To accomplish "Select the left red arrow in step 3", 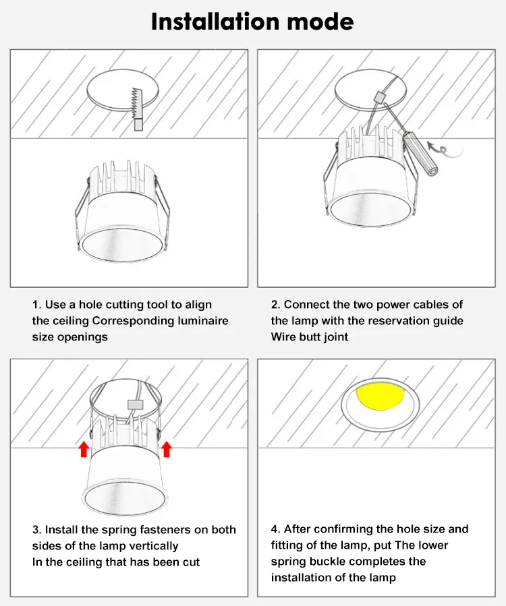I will tap(84, 449).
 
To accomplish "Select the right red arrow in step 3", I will tap(167, 449).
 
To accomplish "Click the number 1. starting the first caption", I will tap(37, 305).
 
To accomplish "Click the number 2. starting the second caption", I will tap(276, 305).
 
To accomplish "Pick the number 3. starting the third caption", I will tap(37, 530).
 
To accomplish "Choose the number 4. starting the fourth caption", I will tap(276, 529).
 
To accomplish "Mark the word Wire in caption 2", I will tap(284, 337).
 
